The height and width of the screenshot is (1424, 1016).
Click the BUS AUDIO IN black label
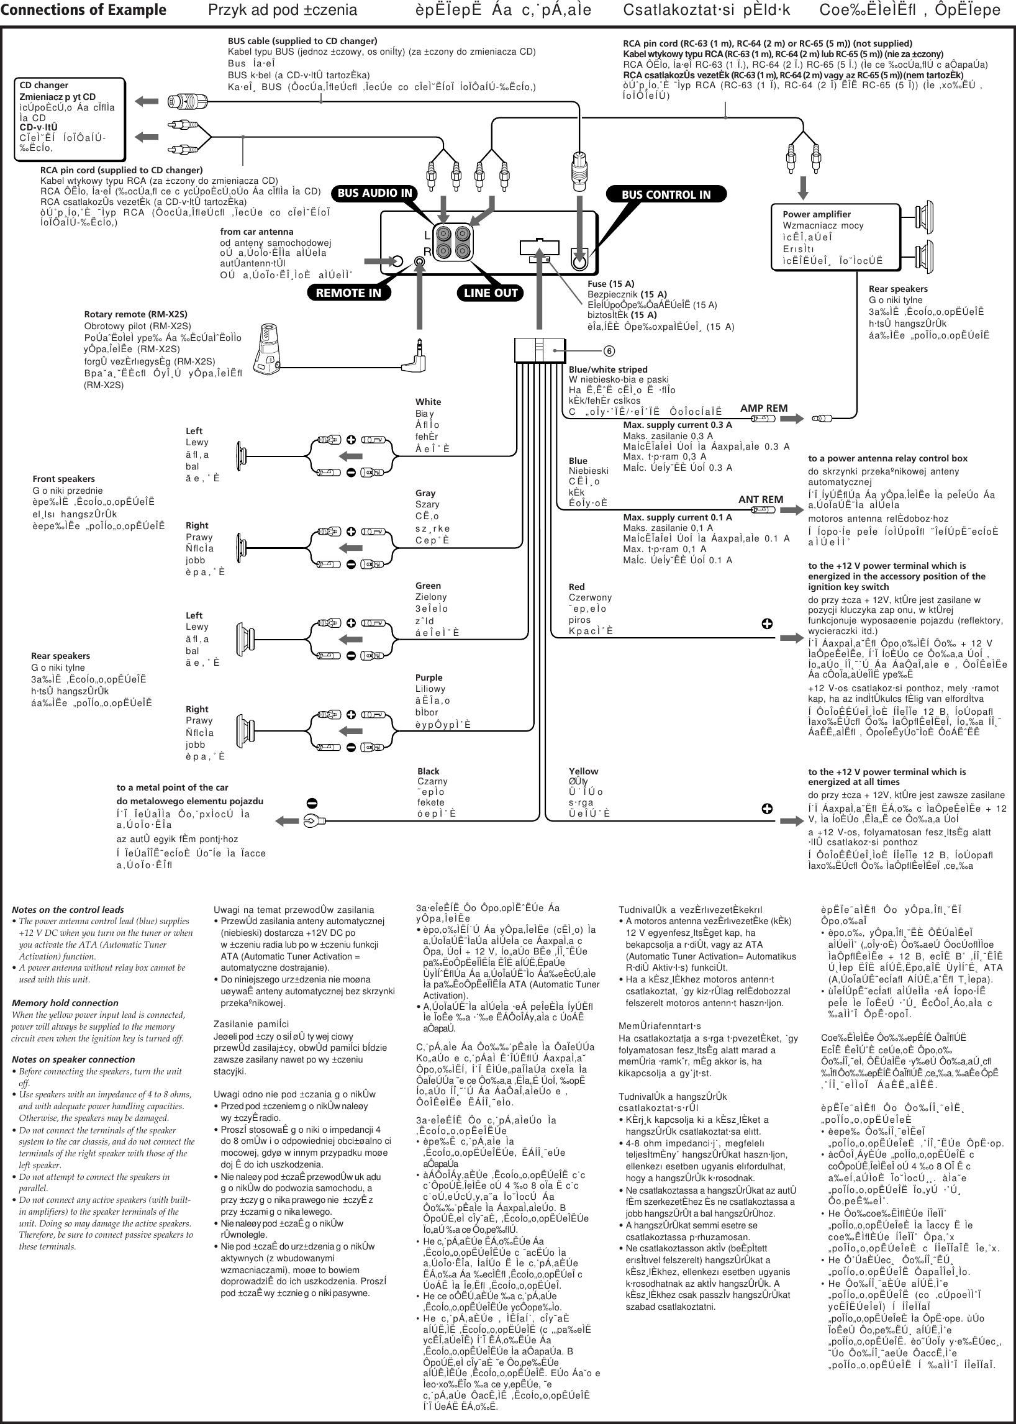click(374, 193)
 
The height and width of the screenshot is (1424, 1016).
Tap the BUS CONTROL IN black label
click(666, 194)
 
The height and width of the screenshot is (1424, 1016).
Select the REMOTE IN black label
click(348, 293)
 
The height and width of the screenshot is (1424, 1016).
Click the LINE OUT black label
click(491, 293)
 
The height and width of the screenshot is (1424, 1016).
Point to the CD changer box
click(70, 118)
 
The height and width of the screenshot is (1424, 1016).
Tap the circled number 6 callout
click(609, 351)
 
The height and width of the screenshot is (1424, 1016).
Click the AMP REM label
click(763, 408)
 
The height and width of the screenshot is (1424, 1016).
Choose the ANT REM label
click(760, 499)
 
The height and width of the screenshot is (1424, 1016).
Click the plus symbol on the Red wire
click(767, 624)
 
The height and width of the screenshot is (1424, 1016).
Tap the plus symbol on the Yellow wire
click(767, 809)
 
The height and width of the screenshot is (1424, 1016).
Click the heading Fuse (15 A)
click(610, 283)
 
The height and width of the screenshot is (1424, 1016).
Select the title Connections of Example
click(83, 10)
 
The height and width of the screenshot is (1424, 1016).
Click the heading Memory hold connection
click(65, 1002)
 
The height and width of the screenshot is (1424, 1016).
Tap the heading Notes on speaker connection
click(73, 1059)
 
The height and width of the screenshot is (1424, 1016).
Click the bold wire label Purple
click(429, 678)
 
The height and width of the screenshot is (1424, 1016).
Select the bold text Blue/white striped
click(607, 369)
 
